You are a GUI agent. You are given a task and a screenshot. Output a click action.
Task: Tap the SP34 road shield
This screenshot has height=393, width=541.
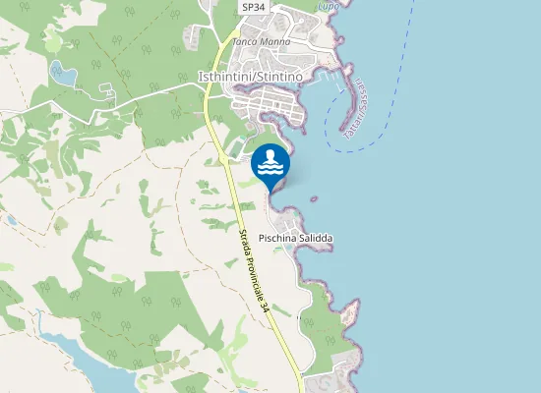pos(253,7)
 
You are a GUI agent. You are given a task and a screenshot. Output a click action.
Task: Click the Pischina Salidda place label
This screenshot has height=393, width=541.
pos(295,239)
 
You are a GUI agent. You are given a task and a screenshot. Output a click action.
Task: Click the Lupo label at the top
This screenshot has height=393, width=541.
pos(329,6)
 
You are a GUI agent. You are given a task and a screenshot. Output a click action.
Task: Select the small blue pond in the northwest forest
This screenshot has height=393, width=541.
pos(63,73)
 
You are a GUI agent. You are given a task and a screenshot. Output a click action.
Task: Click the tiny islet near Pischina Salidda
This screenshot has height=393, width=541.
pos(314,199)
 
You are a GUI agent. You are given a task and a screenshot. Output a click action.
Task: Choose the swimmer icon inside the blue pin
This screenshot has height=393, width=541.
pos(270,154)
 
